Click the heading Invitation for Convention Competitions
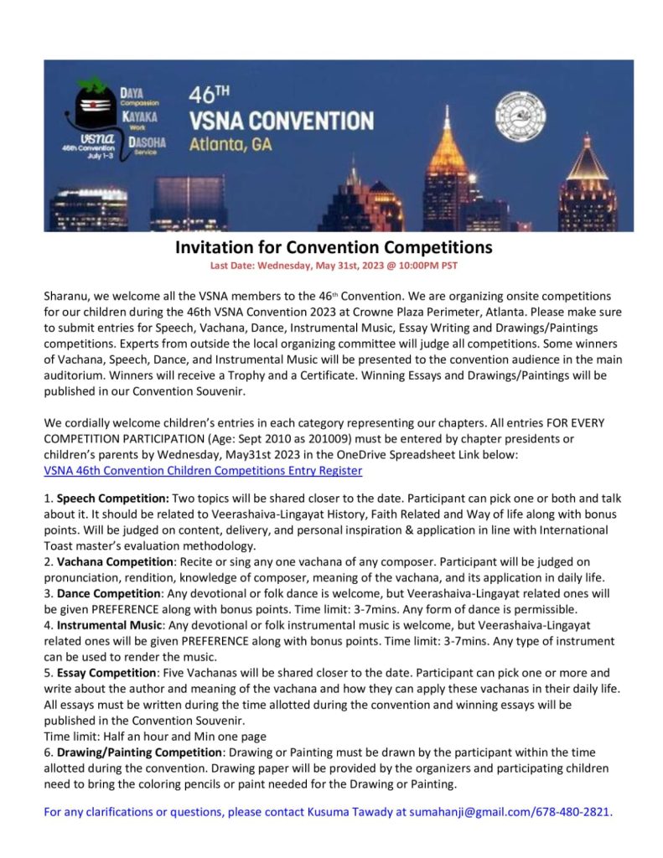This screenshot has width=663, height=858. click(333, 247)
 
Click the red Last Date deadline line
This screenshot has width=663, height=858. click(333, 265)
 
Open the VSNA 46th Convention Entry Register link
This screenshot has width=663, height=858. click(190, 471)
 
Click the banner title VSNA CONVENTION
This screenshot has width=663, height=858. click(281, 120)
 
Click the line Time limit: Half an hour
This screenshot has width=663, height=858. click(155, 737)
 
